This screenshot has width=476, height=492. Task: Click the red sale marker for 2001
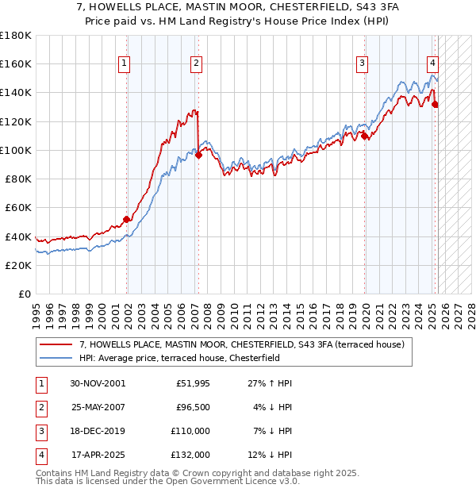click(x=126, y=219)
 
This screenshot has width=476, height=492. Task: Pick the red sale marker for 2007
click(x=198, y=155)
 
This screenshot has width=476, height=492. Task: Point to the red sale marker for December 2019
click(x=364, y=136)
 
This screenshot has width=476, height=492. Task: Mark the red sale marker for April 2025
click(x=435, y=104)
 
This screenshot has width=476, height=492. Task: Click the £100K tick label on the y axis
click(x=16, y=150)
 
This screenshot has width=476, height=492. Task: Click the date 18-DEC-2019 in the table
click(x=98, y=431)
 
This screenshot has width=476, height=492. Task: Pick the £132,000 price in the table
click(x=190, y=455)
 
